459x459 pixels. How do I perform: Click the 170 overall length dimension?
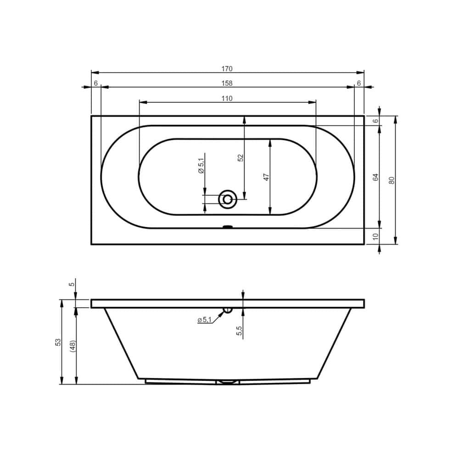tap(227, 69)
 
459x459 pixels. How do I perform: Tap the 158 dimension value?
tap(227, 84)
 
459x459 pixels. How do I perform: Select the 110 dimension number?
tap(227, 99)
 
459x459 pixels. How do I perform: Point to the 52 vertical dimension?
tap(241, 158)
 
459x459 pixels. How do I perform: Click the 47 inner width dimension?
tap(266, 177)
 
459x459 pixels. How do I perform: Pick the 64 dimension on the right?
tap(376, 177)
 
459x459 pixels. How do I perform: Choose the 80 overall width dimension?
tap(392, 180)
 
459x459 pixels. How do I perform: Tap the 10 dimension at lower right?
tap(376, 236)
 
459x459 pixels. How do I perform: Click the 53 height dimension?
tap(58, 342)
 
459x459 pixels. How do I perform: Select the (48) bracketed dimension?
tap(73, 346)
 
